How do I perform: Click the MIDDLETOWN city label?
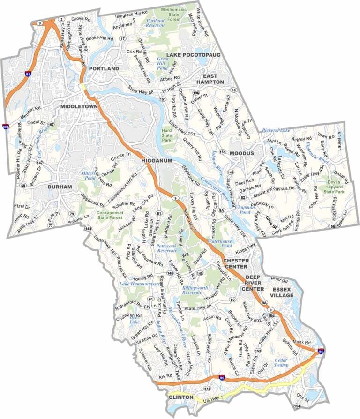pyautogui.click(x=78, y=107)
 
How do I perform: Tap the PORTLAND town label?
pyautogui.click(x=104, y=68)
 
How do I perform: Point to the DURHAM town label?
pyautogui.click(x=60, y=187)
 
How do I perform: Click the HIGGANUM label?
pyautogui.click(x=157, y=161)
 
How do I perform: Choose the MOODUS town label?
pyautogui.click(x=242, y=153)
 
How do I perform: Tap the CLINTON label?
pyautogui.click(x=180, y=397)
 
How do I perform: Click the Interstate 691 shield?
pyautogui.click(x=5, y=126)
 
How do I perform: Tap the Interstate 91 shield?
pyautogui.click(x=29, y=74)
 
